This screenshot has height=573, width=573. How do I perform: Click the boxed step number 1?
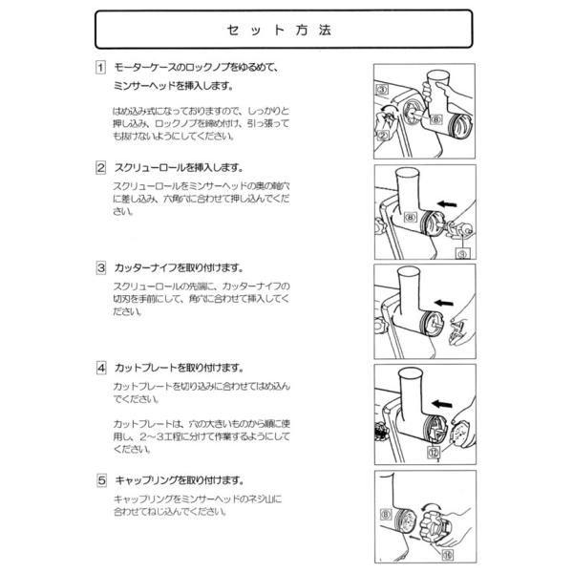(100, 68)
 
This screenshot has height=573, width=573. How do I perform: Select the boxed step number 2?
(100, 167)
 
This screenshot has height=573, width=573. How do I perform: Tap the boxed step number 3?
(100, 267)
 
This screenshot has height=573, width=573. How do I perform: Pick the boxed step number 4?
(100, 367)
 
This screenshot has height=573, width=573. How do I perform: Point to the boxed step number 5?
(100, 480)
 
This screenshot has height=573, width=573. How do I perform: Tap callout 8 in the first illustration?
(435, 120)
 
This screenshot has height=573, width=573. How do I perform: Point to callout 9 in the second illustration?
(462, 254)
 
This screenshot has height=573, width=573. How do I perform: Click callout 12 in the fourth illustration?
(433, 453)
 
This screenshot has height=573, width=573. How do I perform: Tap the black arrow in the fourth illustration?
(439, 405)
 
